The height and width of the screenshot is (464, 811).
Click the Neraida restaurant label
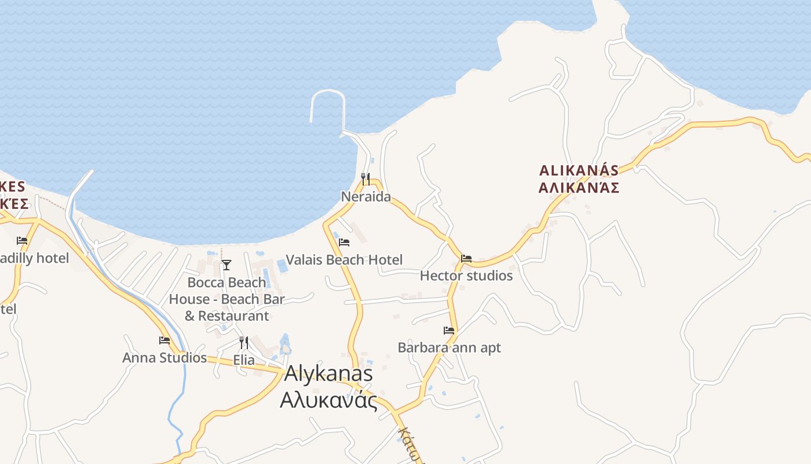(x=366, y=197)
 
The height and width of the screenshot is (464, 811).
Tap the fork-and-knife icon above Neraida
(x=366, y=179)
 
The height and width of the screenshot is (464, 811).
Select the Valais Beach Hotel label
(x=344, y=260)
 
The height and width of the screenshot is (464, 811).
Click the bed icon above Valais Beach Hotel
(x=344, y=242)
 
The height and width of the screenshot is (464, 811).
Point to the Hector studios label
(x=466, y=275)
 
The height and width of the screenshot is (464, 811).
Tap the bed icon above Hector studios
(x=466, y=258)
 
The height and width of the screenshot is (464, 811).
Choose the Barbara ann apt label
(x=449, y=348)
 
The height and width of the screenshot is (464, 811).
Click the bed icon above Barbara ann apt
(x=449, y=331)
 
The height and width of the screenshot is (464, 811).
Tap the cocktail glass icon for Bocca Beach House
(x=227, y=265)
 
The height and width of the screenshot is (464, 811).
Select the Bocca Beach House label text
(x=227, y=299)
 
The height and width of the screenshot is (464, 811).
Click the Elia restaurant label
(x=244, y=360)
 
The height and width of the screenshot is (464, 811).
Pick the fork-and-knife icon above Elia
(x=244, y=343)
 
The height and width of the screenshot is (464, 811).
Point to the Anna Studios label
(x=165, y=358)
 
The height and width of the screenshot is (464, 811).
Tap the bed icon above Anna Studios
(x=165, y=340)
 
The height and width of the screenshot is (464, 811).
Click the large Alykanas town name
(x=328, y=374)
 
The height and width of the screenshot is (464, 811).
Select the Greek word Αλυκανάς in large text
(x=328, y=401)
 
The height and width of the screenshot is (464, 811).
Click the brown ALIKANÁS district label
(x=579, y=171)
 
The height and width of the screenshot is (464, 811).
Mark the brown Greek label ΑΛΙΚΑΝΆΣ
(x=579, y=188)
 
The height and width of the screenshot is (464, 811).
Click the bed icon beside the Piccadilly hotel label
(x=22, y=240)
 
